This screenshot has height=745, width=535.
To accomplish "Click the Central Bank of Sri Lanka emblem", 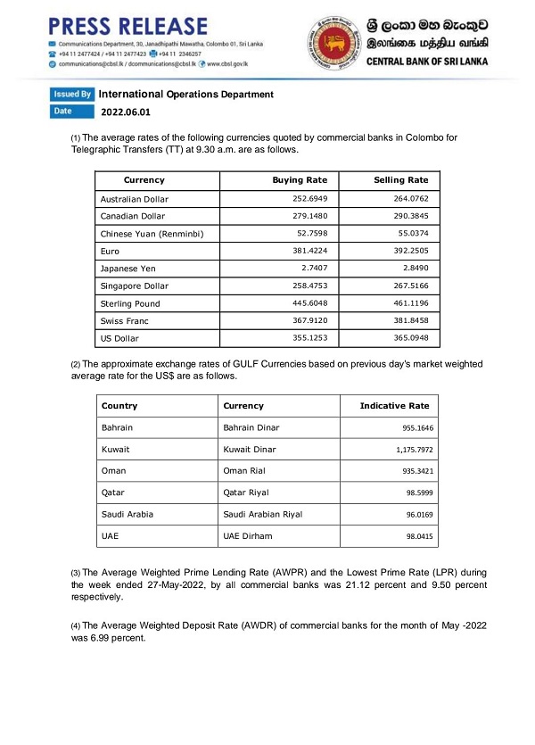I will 335,43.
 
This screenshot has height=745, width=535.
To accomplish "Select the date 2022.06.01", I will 126,112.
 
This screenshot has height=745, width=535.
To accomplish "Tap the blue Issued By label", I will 72,94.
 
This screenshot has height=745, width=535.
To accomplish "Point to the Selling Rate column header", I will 401,181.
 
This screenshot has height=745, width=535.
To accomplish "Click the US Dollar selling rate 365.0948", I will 408,339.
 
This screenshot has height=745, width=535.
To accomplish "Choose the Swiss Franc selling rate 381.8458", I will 408,321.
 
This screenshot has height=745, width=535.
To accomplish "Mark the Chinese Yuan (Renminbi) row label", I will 152,234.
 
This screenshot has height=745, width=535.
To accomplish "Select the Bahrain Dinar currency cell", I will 251,428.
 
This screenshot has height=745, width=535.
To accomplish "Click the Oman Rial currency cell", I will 246,471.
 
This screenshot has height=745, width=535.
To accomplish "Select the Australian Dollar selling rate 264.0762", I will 408,199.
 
